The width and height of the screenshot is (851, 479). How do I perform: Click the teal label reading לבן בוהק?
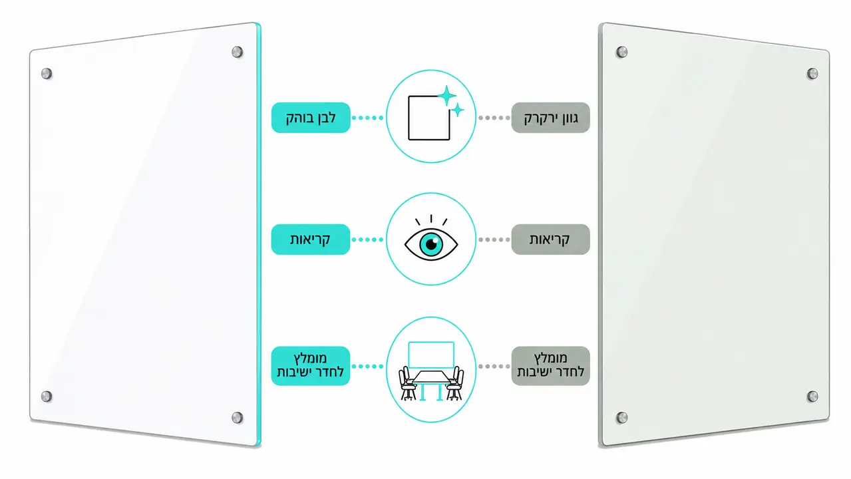(311, 117)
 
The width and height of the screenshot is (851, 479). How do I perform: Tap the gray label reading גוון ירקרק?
(550, 117)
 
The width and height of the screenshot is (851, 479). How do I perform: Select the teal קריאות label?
(311, 239)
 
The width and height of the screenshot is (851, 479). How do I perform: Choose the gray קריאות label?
(550, 239)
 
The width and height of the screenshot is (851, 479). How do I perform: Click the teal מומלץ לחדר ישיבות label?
(311, 366)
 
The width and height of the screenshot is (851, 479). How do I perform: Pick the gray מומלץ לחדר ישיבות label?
(550, 366)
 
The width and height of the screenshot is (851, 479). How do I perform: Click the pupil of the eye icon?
(431, 244)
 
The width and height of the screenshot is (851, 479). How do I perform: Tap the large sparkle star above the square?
(447, 95)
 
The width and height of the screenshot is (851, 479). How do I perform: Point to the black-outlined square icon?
(429, 118)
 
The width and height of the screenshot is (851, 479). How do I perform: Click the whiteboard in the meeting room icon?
(431, 355)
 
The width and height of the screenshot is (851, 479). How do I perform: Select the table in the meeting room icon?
(431, 384)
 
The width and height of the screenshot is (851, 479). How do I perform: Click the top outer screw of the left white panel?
(47, 73)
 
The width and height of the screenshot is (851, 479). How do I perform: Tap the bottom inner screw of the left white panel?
(238, 418)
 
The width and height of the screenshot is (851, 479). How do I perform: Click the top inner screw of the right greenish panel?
(622, 52)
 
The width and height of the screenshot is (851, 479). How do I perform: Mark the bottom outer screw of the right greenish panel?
(812, 397)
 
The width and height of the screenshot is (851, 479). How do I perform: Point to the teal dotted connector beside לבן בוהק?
(367, 118)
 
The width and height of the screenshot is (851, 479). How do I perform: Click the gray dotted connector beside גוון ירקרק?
(494, 118)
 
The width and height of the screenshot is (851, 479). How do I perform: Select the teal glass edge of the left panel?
(259, 234)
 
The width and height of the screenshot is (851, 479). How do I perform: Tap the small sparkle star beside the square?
(458, 110)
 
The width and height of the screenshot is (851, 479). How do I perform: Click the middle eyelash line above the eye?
(431, 219)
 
